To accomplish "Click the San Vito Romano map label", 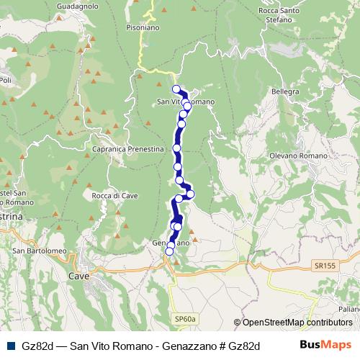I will point(185,102).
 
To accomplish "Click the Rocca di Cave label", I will point(111,195).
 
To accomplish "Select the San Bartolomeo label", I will point(39,251).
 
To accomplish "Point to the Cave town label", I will point(78,276).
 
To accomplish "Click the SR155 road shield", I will point(324,266).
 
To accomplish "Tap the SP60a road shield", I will point(184,318).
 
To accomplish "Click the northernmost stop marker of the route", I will point(176,89).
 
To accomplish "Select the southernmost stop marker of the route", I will point(170,251).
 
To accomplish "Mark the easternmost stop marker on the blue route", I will point(191,194).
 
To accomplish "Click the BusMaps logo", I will point(325,345).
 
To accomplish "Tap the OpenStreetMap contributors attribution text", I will point(297,323).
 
